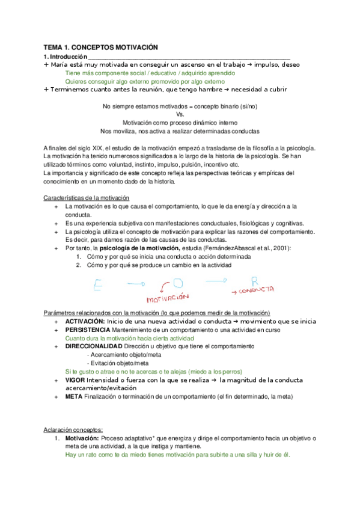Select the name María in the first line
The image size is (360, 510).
(60, 64)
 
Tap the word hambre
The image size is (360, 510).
(204, 89)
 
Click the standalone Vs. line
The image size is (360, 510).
(180, 114)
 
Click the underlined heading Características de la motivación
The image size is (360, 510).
(87, 198)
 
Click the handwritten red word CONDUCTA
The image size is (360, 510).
(257, 290)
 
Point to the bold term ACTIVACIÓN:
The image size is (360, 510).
(85, 322)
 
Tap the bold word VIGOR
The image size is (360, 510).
(75, 380)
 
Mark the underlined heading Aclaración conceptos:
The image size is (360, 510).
(73, 429)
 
